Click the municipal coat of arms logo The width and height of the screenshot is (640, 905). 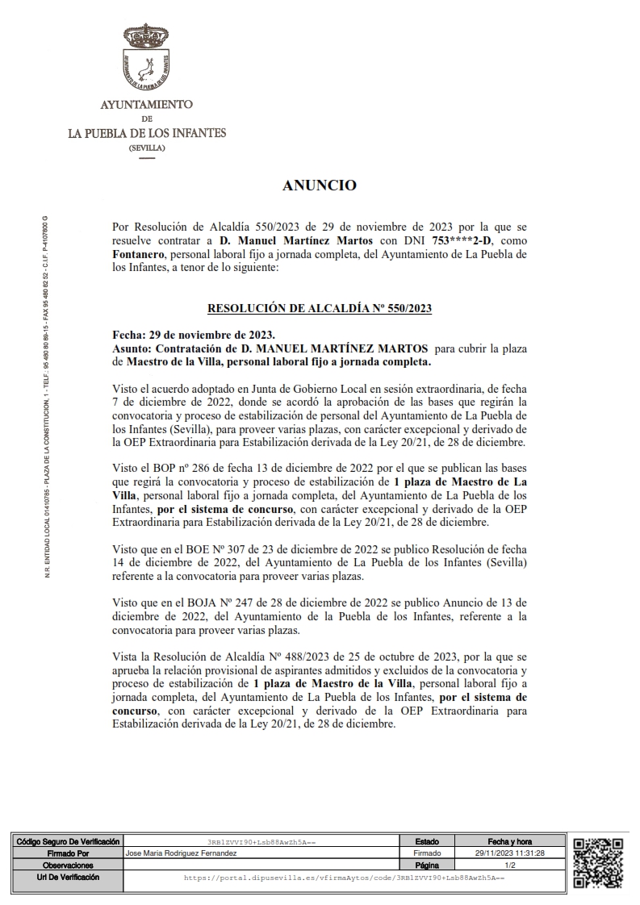(146, 57)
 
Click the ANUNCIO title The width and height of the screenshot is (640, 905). (320, 186)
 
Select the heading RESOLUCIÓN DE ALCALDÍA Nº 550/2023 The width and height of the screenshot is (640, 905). (320, 307)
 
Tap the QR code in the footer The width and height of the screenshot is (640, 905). (598, 862)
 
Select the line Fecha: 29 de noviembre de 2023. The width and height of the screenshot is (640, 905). (194, 335)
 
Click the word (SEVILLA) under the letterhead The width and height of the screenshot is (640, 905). (146, 149)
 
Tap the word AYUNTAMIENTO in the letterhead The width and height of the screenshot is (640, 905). (146, 105)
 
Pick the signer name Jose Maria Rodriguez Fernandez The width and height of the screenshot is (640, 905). (182, 853)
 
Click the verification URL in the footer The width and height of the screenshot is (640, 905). (344, 876)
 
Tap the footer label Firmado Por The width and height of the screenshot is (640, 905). (68, 853)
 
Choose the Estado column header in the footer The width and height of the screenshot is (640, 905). (427, 841)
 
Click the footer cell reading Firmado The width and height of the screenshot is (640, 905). (427, 853)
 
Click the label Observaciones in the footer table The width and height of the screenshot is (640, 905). (68, 864)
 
